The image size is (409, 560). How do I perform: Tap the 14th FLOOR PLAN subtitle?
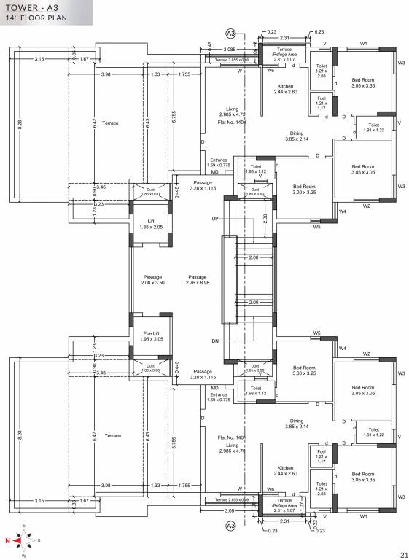pyautogui.click(x=36, y=19)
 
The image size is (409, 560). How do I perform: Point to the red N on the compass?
pyautogui.click(x=8, y=541)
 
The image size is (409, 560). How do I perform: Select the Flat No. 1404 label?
pyautogui.click(x=232, y=123)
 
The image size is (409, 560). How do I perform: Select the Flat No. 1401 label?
pyautogui.click(x=232, y=437)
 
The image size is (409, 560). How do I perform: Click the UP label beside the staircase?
pyautogui.click(x=214, y=218)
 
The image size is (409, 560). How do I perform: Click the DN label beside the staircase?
pyautogui.click(x=214, y=341)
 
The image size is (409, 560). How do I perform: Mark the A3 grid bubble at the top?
pyautogui.click(x=231, y=34)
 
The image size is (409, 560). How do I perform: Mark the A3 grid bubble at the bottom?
pyautogui.click(x=231, y=525)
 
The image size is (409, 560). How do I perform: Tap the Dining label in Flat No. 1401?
pyautogui.click(x=297, y=421)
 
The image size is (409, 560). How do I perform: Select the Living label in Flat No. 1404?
pyautogui.click(x=232, y=109)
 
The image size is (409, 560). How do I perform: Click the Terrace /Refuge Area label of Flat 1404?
pyautogui.click(x=284, y=51)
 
